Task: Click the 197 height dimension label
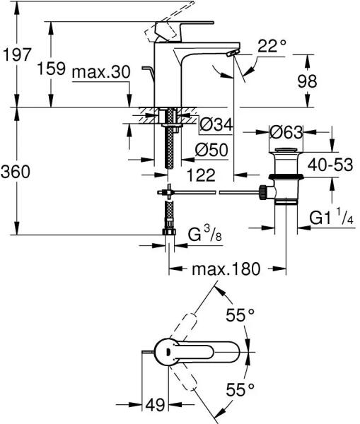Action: point(17,55)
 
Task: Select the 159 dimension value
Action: point(52,68)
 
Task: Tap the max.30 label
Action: point(101,72)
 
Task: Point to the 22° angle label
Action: point(272,46)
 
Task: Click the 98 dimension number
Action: point(307,81)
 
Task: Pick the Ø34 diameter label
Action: point(216,125)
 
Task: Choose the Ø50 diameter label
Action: point(211,150)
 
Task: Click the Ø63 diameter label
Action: point(286,132)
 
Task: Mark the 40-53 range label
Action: point(330,165)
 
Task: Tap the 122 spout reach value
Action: point(201,175)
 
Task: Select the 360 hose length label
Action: point(16,172)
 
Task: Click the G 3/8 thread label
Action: point(205,235)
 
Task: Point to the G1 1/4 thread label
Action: point(331,217)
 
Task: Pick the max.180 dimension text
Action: point(226,269)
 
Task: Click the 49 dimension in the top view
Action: point(155,405)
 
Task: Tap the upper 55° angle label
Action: point(240,315)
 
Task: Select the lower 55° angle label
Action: point(240,390)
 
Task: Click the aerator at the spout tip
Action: point(233,53)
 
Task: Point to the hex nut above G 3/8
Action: point(169,232)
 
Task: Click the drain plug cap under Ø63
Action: point(286,150)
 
